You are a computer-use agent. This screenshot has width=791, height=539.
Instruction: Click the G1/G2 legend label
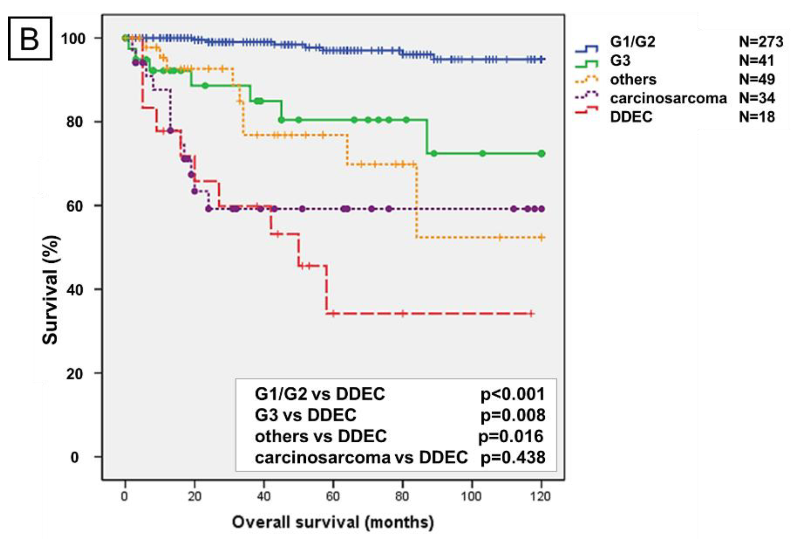[x=632, y=42]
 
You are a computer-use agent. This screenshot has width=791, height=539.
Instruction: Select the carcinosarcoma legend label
[x=668, y=98]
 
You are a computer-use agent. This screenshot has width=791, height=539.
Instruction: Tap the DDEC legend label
[x=631, y=117]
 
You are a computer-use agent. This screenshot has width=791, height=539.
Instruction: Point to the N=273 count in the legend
[x=761, y=42]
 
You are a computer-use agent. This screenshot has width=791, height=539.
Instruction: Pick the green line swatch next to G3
[x=586, y=64]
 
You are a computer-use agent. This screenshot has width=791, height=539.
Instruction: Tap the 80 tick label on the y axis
[x=75, y=122]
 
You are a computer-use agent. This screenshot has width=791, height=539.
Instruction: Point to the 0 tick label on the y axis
[x=75, y=457]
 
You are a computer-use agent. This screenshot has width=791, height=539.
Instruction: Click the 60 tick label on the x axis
[x=333, y=496]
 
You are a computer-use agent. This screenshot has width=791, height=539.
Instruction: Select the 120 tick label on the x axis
[x=540, y=496]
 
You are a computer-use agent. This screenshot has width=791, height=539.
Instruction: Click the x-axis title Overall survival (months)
[x=333, y=522]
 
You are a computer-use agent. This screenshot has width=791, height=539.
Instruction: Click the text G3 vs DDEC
[x=305, y=415]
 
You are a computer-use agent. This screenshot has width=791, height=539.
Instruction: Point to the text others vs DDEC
[x=320, y=436]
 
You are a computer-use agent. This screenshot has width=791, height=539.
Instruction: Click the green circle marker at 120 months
[x=542, y=154]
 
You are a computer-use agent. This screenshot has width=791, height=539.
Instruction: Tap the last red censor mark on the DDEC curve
[x=531, y=313]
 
